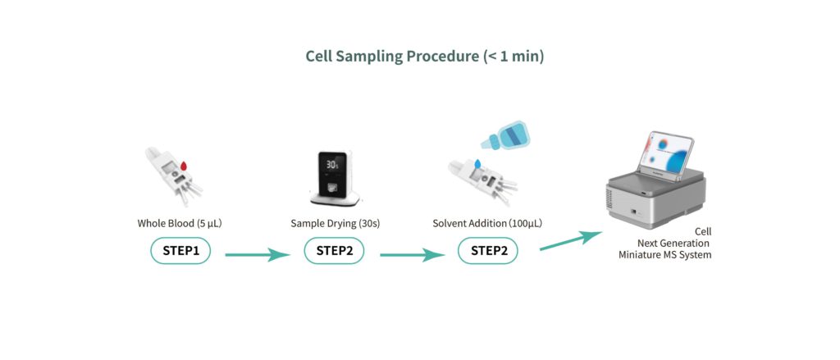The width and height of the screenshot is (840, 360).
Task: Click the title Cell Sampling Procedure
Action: tap(392, 57)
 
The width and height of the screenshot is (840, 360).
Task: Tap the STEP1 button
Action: tap(180, 251)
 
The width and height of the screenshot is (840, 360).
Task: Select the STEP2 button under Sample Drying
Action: tap(335, 251)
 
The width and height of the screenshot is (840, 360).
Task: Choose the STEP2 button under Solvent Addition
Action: tap(487, 251)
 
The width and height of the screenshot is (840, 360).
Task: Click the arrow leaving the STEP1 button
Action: tap(258, 255)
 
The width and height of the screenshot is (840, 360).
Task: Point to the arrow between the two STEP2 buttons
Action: tap(412, 255)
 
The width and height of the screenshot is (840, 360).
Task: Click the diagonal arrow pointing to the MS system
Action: tap(571, 240)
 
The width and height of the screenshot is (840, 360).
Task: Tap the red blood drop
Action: tap(183, 166)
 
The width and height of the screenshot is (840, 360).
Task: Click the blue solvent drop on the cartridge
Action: tap(477, 163)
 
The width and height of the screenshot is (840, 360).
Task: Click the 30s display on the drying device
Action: tap(332, 165)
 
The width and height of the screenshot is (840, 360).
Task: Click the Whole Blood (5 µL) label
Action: tap(180, 223)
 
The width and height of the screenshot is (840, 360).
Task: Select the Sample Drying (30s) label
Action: tap(336, 223)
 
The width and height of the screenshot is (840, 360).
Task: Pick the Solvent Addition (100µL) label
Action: tap(487, 223)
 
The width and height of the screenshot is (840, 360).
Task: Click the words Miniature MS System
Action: tap(664, 255)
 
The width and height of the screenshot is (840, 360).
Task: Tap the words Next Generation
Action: tap(673, 244)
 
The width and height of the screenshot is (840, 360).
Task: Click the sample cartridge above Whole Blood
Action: tap(174, 176)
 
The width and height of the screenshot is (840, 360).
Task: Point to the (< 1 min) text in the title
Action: tap(514, 57)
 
